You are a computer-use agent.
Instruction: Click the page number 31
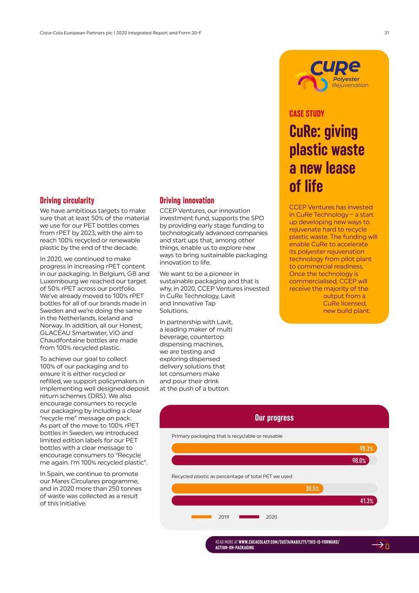tap(386, 33)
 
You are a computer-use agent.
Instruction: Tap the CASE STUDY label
tap(307, 114)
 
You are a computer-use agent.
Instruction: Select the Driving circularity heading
tap(67, 200)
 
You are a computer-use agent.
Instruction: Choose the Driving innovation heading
tap(187, 200)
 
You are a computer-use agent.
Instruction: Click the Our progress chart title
tap(274, 418)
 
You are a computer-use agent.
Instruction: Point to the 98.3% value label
tap(366, 448)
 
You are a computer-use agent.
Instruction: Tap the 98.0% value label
tap(359, 460)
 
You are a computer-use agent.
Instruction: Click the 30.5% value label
tap(312, 489)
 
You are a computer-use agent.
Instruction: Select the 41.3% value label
tap(366, 501)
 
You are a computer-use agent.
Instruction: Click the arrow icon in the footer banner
tap(379, 544)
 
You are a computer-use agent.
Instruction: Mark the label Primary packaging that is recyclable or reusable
tap(227, 436)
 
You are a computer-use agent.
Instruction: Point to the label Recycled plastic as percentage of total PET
tap(232, 476)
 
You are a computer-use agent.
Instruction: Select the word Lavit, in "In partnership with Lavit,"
tap(224, 322)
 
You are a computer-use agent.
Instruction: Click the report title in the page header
tap(118, 33)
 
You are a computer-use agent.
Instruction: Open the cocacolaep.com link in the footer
tap(289, 542)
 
